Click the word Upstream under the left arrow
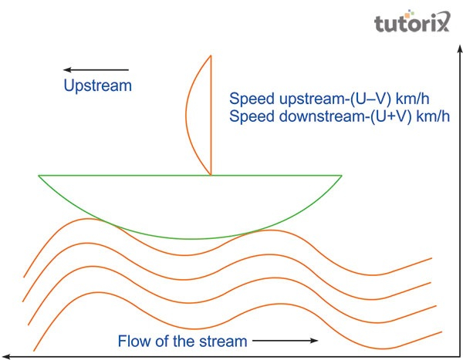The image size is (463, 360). coord(98,86)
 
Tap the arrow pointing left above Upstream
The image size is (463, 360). coord(96,69)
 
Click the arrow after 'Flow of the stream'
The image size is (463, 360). coord(285,340)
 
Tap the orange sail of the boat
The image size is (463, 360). coord(199,116)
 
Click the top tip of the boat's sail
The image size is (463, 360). coord(211,55)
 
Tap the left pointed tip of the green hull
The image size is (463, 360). coord(41,177)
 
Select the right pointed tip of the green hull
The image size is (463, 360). coord(340,177)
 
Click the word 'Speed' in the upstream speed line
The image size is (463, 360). coord(248,99)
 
